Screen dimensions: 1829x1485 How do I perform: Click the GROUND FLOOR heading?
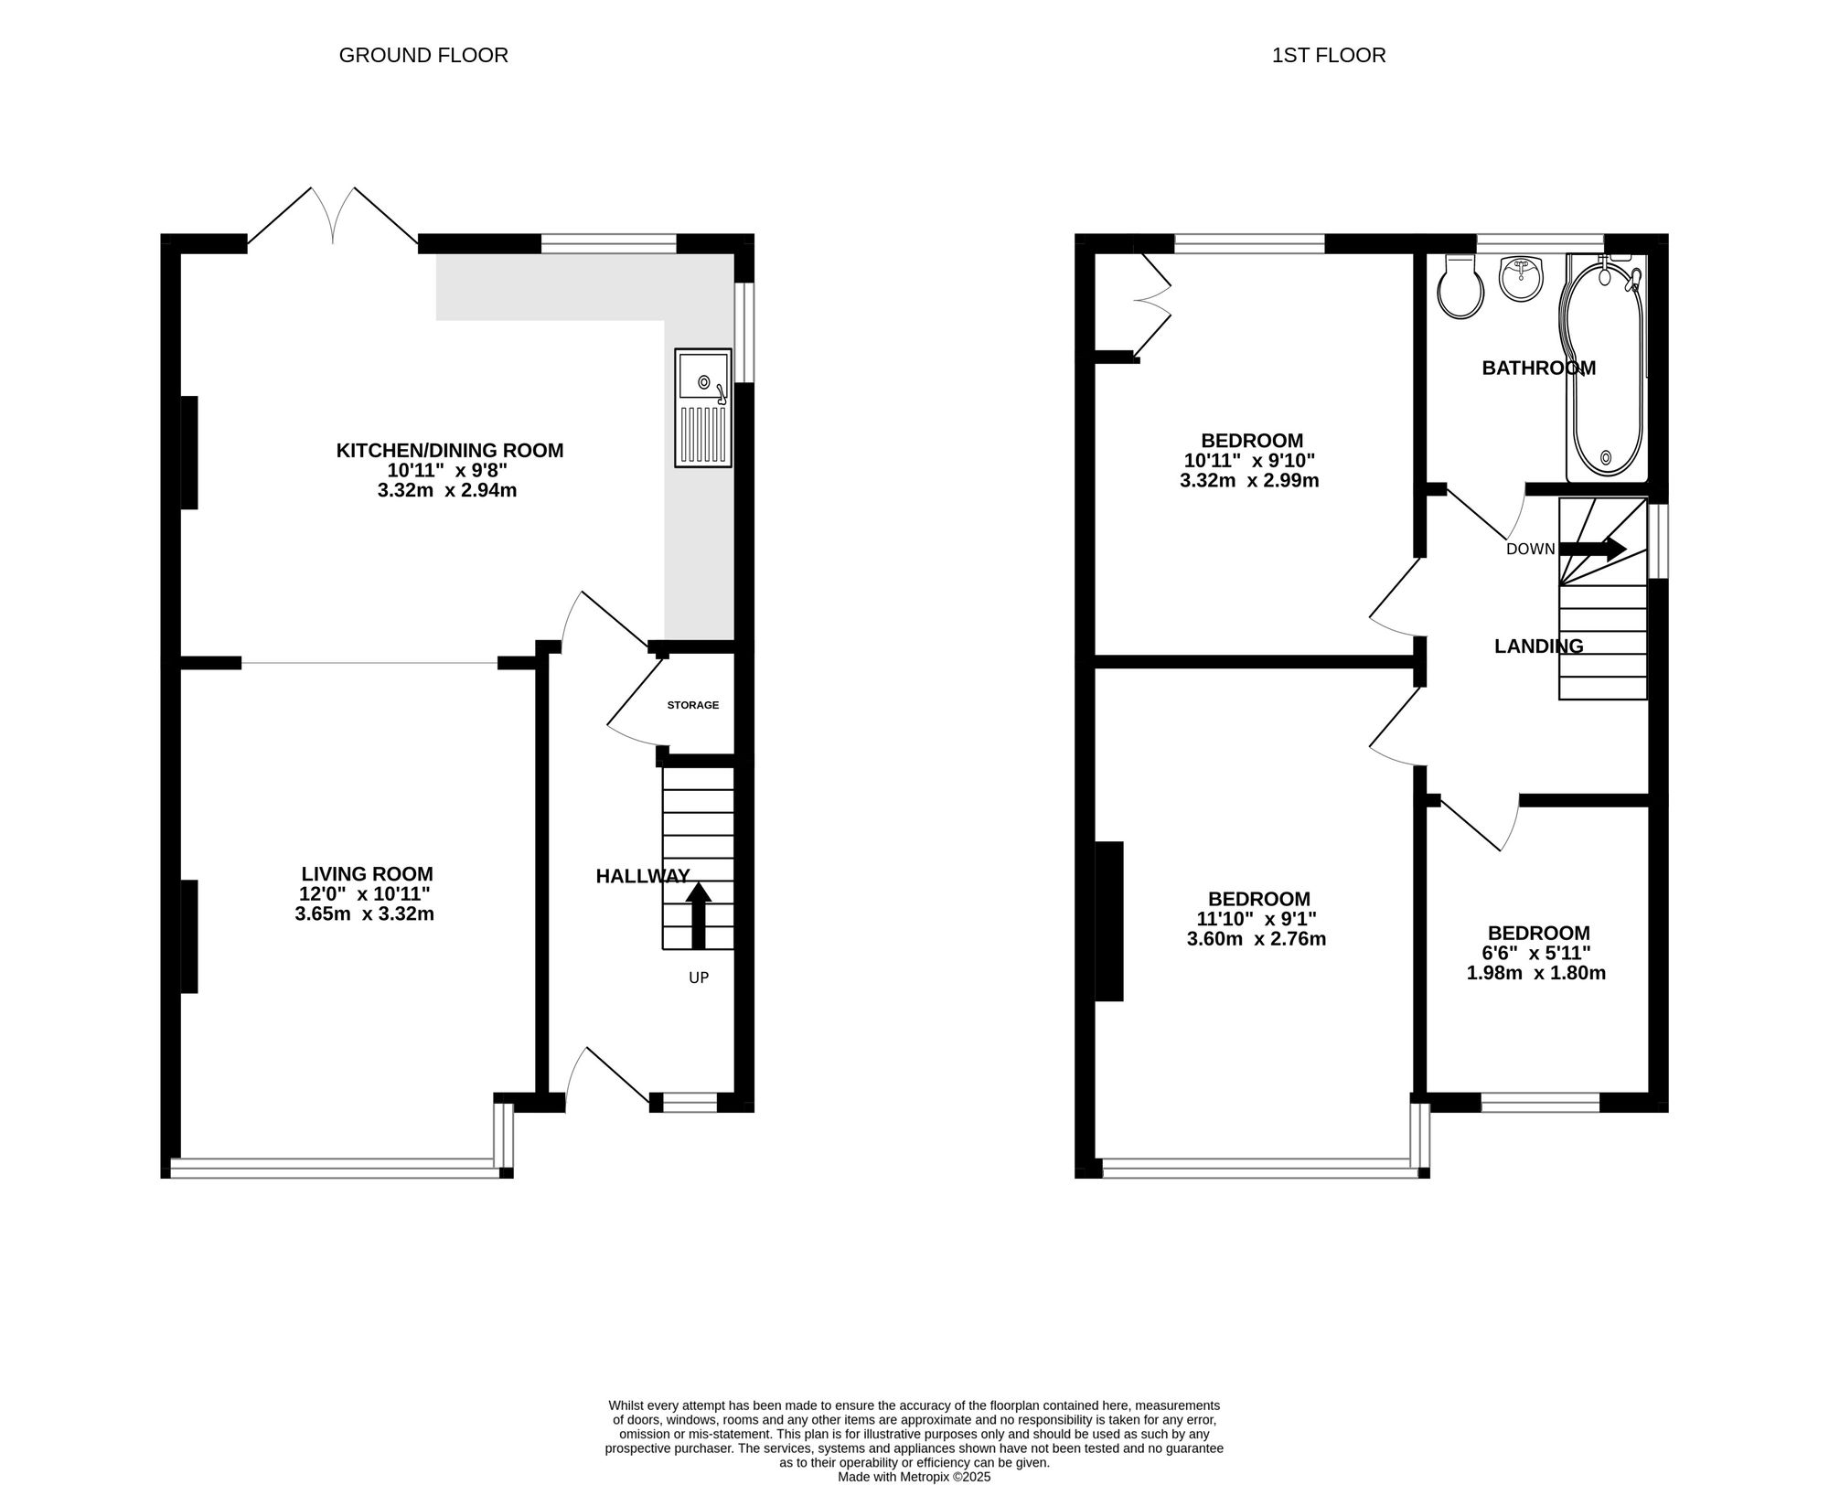[423, 55]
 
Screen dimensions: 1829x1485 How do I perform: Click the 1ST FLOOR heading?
[1329, 55]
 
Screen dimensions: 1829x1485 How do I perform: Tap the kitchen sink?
[703, 407]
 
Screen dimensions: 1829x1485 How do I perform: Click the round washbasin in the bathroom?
[1522, 278]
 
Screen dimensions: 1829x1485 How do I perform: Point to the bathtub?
[1607, 368]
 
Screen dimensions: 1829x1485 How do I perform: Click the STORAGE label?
[693, 705]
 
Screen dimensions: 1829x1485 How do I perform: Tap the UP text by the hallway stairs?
[699, 978]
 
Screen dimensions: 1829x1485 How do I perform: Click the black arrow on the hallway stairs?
[699, 915]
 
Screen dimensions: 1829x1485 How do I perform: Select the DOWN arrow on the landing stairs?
[1592, 549]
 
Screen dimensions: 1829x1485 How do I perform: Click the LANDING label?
[1539, 646]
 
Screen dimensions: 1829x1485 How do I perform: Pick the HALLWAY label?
[643, 876]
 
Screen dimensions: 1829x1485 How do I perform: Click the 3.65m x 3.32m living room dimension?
[364, 913]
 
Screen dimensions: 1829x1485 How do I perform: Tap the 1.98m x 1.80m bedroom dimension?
[1536, 973]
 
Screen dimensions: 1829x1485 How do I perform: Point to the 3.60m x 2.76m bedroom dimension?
[1257, 939]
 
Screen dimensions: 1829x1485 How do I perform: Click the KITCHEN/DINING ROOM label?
[450, 450]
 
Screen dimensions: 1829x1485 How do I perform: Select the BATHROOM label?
[1539, 368]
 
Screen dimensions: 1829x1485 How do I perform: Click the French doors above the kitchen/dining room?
[334, 217]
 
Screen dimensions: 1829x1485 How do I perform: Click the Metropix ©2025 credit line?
[914, 1476]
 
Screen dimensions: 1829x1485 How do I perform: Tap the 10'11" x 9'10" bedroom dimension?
[1250, 461]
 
